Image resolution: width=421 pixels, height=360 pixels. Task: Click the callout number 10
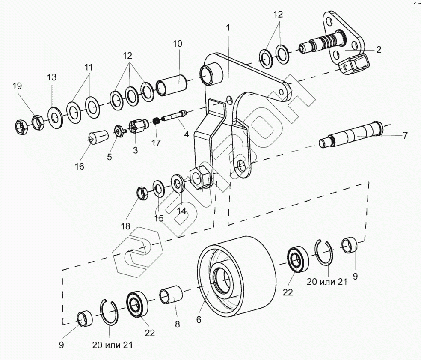178,43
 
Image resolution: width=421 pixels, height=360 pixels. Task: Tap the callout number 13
52,77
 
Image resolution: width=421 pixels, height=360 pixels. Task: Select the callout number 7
405,135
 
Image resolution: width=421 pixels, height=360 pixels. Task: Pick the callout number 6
199,319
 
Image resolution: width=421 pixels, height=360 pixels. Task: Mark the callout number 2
379,49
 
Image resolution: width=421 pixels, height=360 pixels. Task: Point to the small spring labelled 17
157,121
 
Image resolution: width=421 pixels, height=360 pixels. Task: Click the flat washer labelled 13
55,116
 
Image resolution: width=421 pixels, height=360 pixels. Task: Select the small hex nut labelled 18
142,193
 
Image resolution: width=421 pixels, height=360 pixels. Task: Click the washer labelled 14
178,183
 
